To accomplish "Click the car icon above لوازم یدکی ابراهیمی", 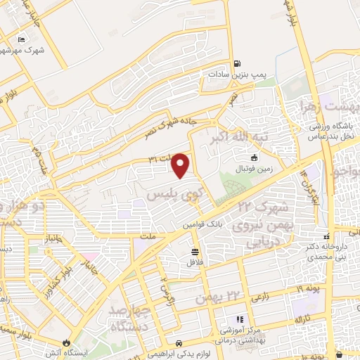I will (x=180, y=342).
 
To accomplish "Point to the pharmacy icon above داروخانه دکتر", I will (x=326, y=236).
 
